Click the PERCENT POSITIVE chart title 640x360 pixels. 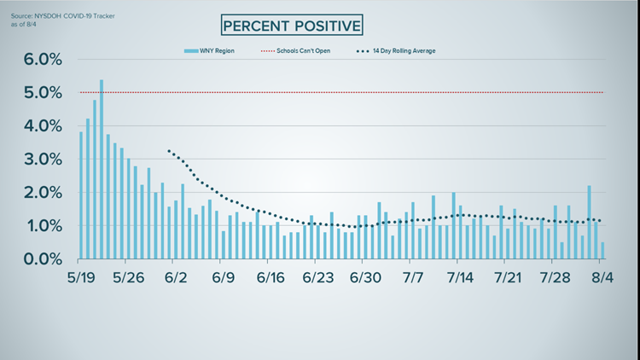tap(291, 26)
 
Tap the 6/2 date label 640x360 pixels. tap(176, 278)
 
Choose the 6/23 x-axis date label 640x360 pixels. tap(317, 278)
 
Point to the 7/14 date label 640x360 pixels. tap(460, 278)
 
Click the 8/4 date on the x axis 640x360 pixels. tap(602, 278)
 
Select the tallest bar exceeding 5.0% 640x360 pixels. tap(102, 171)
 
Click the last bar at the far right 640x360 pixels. tap(602, 251)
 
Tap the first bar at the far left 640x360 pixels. tap(81, 196)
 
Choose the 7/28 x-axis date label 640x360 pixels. tap(556, 278)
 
